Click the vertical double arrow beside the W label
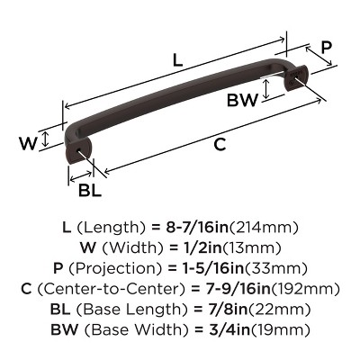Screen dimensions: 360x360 [x=46, y=142]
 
